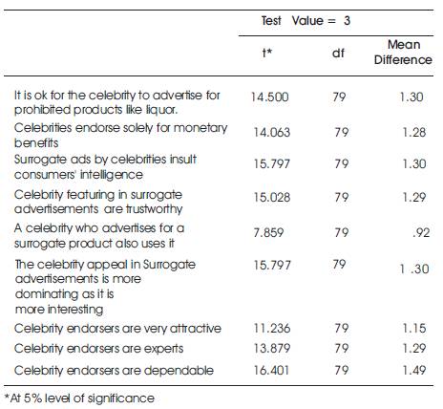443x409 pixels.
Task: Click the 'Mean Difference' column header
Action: [403, 52]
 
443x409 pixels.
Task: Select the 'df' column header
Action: [338, 53]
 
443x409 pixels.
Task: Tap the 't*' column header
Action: [267, 52]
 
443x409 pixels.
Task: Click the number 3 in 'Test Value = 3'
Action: [347, 21]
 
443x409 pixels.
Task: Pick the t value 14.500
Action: [270, 97]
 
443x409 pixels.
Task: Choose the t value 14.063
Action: [272, 132]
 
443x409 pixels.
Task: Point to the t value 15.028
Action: [272, 197]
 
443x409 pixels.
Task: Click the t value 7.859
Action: [268, 232]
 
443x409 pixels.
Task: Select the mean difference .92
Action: [421, 232]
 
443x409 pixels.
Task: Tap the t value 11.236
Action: [272, 328]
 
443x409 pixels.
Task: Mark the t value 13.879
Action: [272, 348]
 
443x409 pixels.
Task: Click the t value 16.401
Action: [271, 370]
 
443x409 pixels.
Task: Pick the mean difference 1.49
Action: [414, 370]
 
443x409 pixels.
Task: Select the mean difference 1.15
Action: [414, 328]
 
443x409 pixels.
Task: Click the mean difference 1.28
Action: [414, 132]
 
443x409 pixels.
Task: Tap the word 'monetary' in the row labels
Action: [200, 128]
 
